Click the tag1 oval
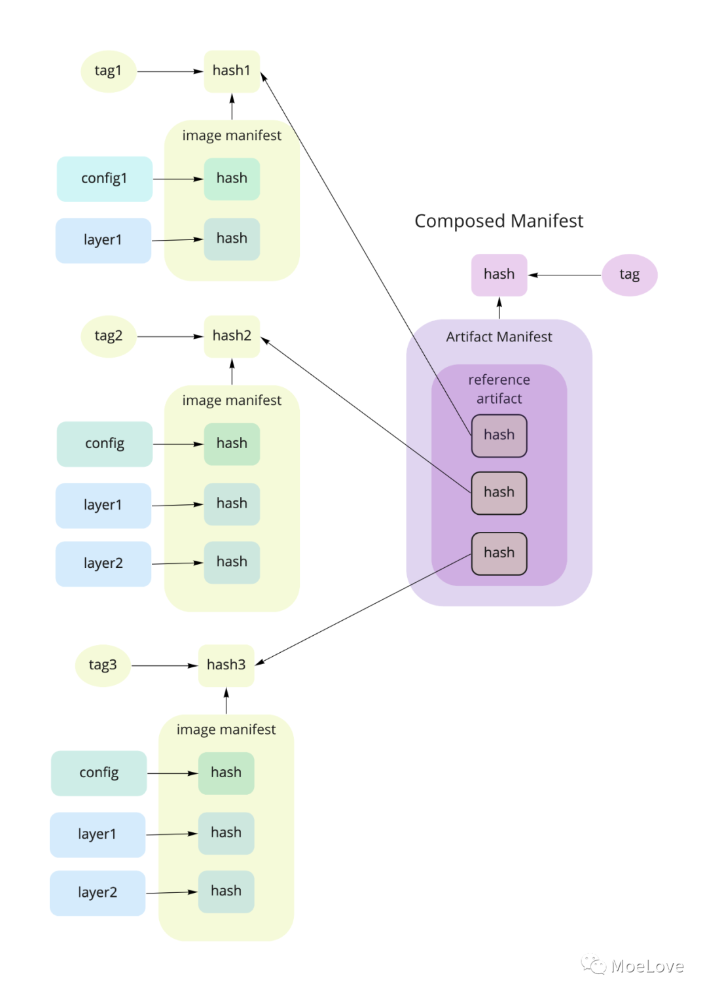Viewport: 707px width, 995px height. (108, 71)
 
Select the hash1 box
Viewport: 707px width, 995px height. (232, 71)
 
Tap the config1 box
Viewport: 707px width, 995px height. (105, 179)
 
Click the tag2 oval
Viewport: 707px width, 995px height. (108, 336)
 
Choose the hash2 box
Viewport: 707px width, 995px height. (232, 336)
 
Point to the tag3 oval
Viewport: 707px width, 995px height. (103, 665)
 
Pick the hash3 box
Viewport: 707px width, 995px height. (226, 665)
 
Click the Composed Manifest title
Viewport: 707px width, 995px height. (499, 221)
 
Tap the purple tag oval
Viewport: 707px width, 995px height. (629, 275)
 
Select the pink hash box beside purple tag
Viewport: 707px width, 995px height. (499, 275)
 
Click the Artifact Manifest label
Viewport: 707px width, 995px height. (499, 337)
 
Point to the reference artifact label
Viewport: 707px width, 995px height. (499, 389)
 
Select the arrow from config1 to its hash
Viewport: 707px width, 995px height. (178, 179)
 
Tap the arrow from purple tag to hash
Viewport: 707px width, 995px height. (564, 275)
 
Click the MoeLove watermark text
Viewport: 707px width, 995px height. (647, 966)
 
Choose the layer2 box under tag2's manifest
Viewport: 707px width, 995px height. (103, 563)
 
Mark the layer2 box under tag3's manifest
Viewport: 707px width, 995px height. (98, 892)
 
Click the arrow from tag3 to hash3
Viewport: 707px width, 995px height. (164, 665)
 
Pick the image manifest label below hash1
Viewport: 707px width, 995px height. (232, 135)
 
